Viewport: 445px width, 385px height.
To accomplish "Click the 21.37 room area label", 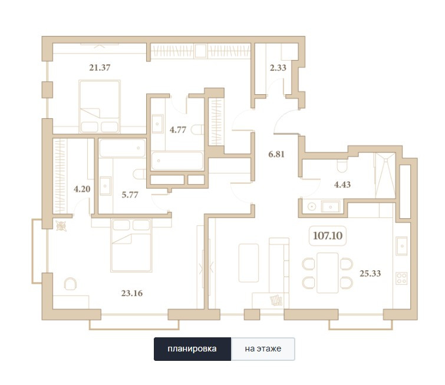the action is click(100, 68).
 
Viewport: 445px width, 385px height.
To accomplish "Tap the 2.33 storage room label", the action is click(278, 68).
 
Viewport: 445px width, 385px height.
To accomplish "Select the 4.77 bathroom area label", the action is click(178, 130).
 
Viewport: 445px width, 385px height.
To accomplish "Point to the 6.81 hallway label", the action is click(276, 154).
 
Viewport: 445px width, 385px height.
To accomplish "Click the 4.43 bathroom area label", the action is click(342, 185).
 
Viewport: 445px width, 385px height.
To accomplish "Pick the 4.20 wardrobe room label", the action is click(82, 189).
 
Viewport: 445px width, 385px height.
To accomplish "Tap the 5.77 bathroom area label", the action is click(130, 195).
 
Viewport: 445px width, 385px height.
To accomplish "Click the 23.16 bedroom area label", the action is click(132, 293).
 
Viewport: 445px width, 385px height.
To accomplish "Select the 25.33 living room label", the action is click(370, 274).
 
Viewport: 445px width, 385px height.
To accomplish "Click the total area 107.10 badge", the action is click(328, 235).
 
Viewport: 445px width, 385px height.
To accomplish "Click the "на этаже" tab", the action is click(263, 349).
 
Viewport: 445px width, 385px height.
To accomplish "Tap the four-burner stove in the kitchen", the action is click(402, 278).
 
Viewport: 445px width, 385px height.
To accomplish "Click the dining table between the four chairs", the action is click(328, 273).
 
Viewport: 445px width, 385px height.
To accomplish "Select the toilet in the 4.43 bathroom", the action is click(342, 166).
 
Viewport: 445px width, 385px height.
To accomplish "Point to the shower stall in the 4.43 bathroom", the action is click(385, 175).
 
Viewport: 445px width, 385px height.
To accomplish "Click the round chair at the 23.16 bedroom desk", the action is click(70, 284).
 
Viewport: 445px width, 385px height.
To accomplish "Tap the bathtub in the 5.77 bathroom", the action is click(122, 148).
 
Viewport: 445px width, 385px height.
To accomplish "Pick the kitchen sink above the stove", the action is click(402, 246).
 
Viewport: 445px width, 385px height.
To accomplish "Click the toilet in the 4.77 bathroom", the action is click(197, 130).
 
